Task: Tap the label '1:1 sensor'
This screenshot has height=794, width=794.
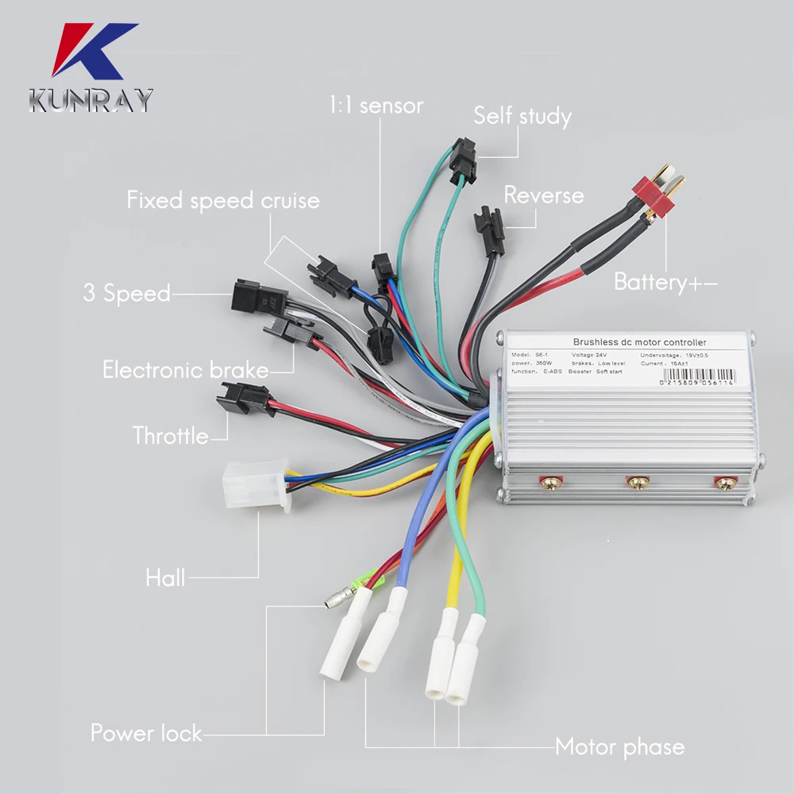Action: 376,105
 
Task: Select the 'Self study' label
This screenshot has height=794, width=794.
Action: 522,116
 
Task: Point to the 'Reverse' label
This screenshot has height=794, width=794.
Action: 543,195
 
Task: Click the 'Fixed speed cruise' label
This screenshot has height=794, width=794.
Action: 223,200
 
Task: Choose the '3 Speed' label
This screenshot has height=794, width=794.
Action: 127,293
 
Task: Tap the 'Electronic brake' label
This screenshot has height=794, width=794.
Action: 185,369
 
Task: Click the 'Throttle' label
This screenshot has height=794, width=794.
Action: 171,435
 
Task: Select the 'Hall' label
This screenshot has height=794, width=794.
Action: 165,577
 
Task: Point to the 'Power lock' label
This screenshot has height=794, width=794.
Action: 146,732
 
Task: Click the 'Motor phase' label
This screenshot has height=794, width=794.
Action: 619,746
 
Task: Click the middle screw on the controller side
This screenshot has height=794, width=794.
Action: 636,481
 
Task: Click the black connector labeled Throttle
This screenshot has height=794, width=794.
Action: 244,398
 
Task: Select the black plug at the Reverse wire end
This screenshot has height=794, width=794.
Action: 488,230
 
